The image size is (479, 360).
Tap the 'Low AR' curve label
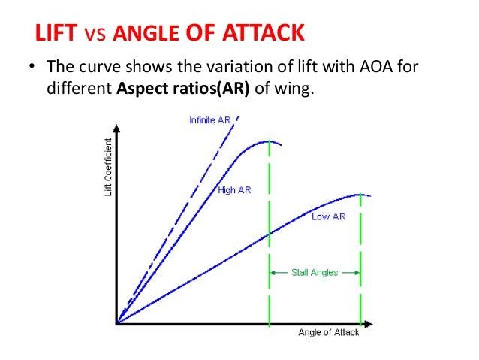[x=328, y=216]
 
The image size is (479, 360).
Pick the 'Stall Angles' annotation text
[x=314, y=273]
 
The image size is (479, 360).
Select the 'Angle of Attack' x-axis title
[x=328, y=333]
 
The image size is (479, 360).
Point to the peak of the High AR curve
[x=269, y=141]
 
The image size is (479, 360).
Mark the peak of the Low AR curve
[x=361, y=194]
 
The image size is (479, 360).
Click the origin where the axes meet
[x=117, y=324]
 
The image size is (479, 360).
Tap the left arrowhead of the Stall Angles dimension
[x=273, y=273]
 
